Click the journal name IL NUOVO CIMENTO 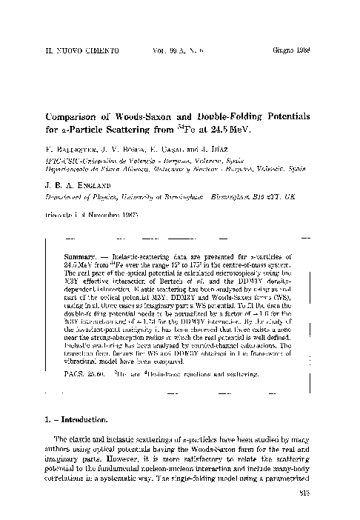[x=67, y=55]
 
